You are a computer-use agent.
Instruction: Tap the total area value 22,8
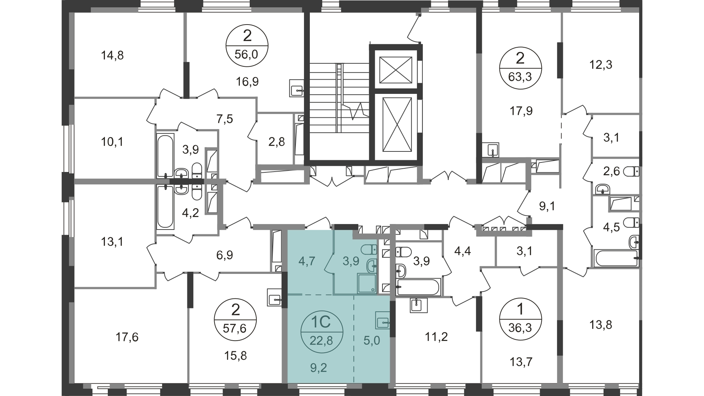coord(321,341)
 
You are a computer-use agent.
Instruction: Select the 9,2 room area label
coord(318,367)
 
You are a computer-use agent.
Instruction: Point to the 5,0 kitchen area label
coord(372,341)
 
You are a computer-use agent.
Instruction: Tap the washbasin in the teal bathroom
coord(372,265)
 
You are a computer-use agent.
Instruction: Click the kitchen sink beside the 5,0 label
coord(382,322)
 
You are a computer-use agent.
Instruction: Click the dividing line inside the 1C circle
coord(321,331)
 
